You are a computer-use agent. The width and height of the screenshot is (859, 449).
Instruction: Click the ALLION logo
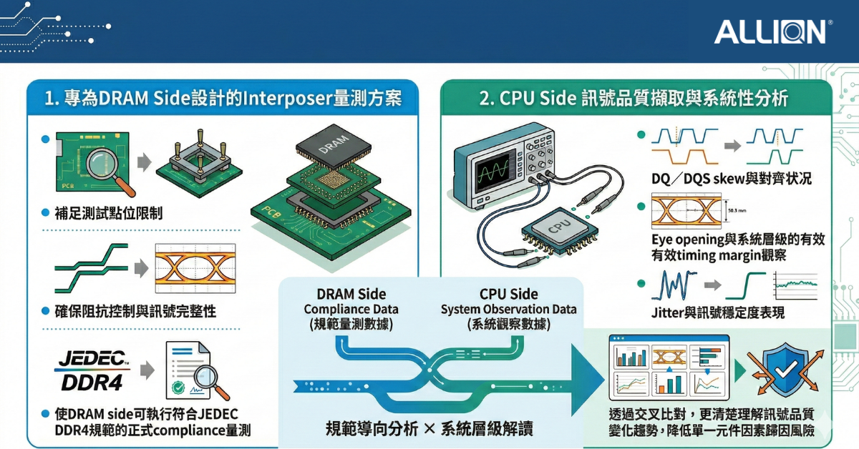tap(772, 31)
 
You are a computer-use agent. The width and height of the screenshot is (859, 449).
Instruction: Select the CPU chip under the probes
tap(558, 228)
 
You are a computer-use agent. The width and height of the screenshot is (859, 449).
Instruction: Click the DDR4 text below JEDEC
tap(91, 382)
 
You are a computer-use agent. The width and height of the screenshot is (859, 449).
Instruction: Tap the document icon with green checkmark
tap(190, 372)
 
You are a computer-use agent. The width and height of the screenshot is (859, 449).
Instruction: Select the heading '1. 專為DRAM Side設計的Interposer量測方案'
tap(223, 99)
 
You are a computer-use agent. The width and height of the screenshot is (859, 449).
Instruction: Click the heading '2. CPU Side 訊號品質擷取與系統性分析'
tap(634, 99)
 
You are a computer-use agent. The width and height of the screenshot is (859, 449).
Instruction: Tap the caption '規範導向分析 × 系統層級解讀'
tap(429, 428)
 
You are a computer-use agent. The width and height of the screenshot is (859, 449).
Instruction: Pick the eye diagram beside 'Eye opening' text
tap(681, 212)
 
